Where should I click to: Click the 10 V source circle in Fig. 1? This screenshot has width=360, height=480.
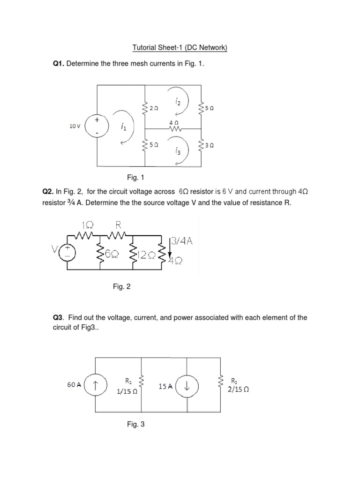tap(97, 126)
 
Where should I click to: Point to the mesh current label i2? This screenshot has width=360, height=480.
tap(178, 101)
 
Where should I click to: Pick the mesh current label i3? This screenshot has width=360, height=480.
tap(177, 150)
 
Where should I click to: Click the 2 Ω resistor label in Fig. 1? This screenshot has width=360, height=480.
tap(154, 108)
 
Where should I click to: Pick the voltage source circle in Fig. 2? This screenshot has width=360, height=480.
tap(67, 252)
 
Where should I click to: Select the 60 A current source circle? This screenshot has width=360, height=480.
tap(96, 385)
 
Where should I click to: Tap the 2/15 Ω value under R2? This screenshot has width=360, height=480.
tap(238, 389)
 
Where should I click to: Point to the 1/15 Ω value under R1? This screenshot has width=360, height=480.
tap(127, 393)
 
